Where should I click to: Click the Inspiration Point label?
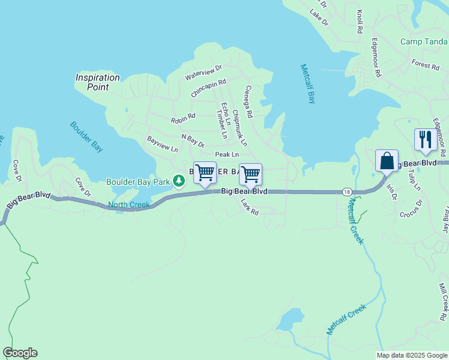click(x=98, y=82)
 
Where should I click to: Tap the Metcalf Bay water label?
click(x=307, y=84)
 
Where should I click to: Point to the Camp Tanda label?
click(x=424, y=42)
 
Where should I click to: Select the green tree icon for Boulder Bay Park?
click(x=178, y=181)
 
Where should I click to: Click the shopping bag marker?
click(x=387, y=161)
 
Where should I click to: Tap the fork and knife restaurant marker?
click(x=425, y=139)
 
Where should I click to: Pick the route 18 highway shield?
click(x=348, y=191)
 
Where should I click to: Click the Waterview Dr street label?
click(x=203, y=73)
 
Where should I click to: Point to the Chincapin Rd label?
click(x=208, y=88)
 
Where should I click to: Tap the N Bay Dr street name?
click(x=193, y=141)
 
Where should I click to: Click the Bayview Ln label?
click(x=163, y=143)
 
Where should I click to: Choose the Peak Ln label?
click(x=227, y=155)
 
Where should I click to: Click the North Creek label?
click(x=128, y=205)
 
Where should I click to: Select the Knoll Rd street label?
click(x=360, y=21)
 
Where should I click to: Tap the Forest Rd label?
click(x=426, y=65)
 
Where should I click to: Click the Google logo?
click(x=20, y=353)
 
